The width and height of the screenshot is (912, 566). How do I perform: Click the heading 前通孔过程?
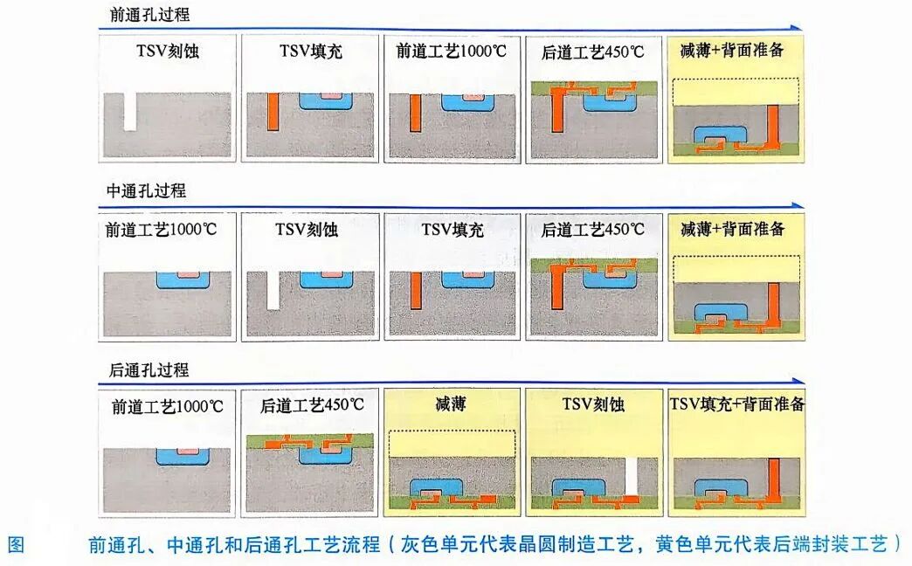coord(151,15)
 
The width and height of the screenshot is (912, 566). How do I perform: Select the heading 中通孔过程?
coord(146,191)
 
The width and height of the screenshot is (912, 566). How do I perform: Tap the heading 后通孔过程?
coord(149,369)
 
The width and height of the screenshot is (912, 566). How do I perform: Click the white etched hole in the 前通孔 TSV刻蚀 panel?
coord(130,111)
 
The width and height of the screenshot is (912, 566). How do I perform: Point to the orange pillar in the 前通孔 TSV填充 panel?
coord(273,111)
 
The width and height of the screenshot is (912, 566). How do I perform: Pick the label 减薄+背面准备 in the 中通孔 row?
coord(733,230)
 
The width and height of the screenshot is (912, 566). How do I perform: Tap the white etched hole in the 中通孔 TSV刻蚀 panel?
coord(273,290)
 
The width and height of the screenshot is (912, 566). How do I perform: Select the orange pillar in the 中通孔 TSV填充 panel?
coord(415,290)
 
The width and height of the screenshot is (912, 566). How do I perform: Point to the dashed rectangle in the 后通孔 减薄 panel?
coord(453,444)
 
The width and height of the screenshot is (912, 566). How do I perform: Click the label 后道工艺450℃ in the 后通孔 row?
coord(312,406)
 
